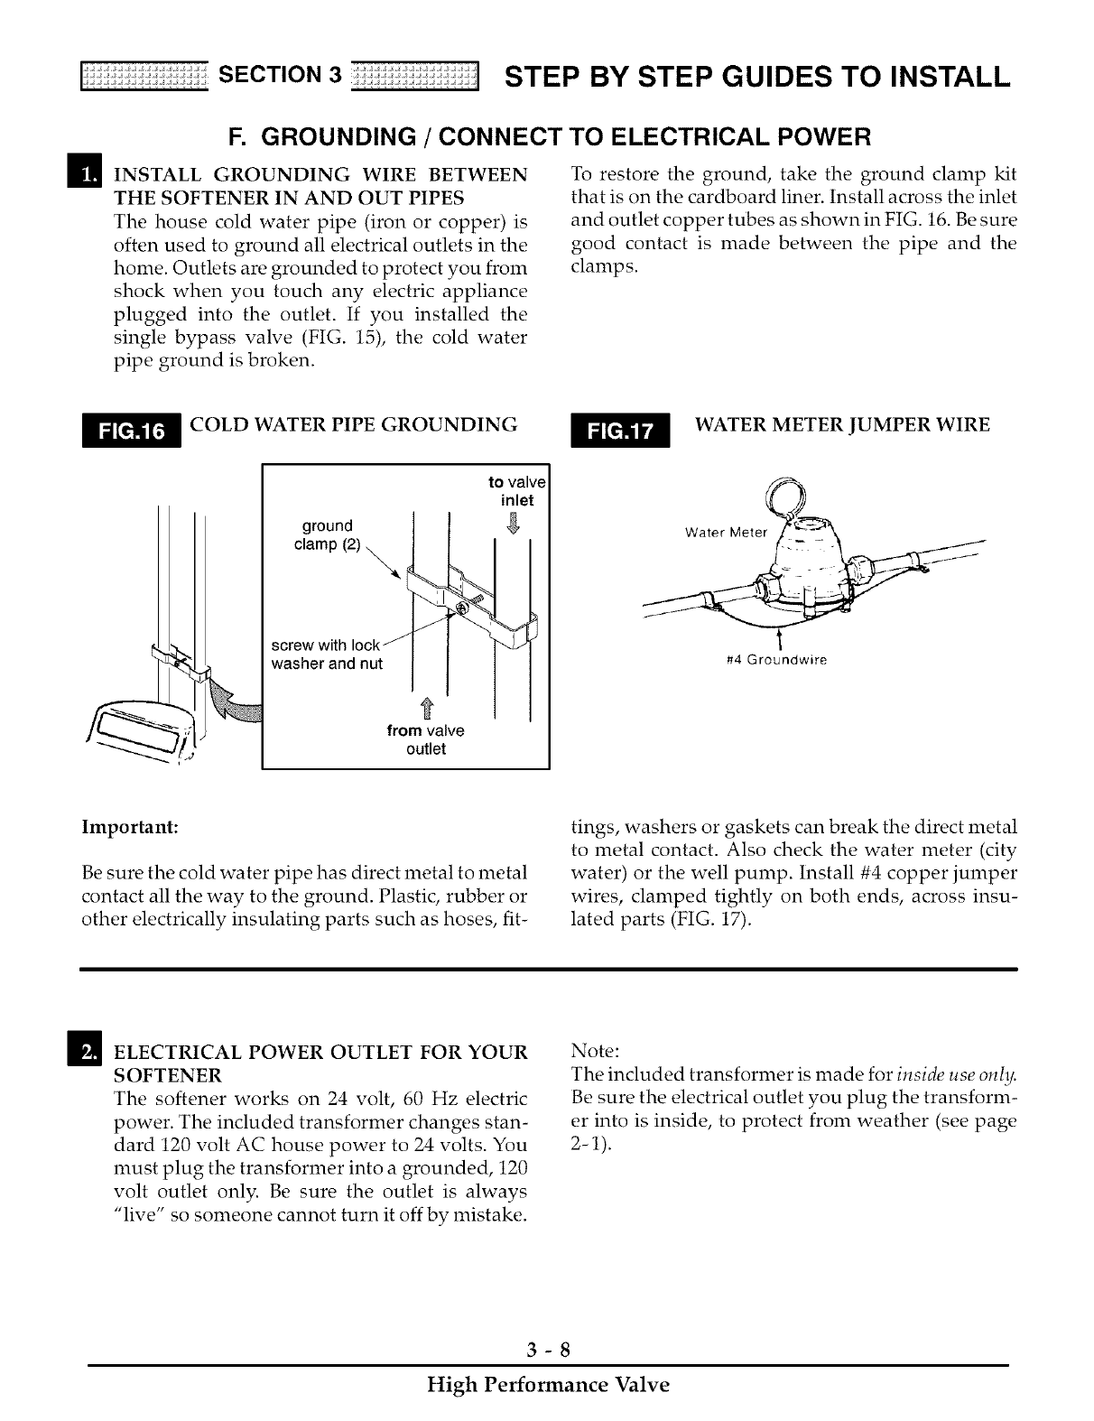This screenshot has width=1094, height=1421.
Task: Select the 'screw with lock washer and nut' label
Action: point(327,655)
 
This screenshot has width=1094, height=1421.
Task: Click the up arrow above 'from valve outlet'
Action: point(424,709)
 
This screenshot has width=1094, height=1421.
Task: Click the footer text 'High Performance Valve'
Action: point(548,1385)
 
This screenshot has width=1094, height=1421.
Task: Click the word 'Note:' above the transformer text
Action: point(595,1052)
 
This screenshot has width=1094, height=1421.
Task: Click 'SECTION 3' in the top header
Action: point(279,75)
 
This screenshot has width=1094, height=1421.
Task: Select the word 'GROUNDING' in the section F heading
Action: point(333,138)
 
